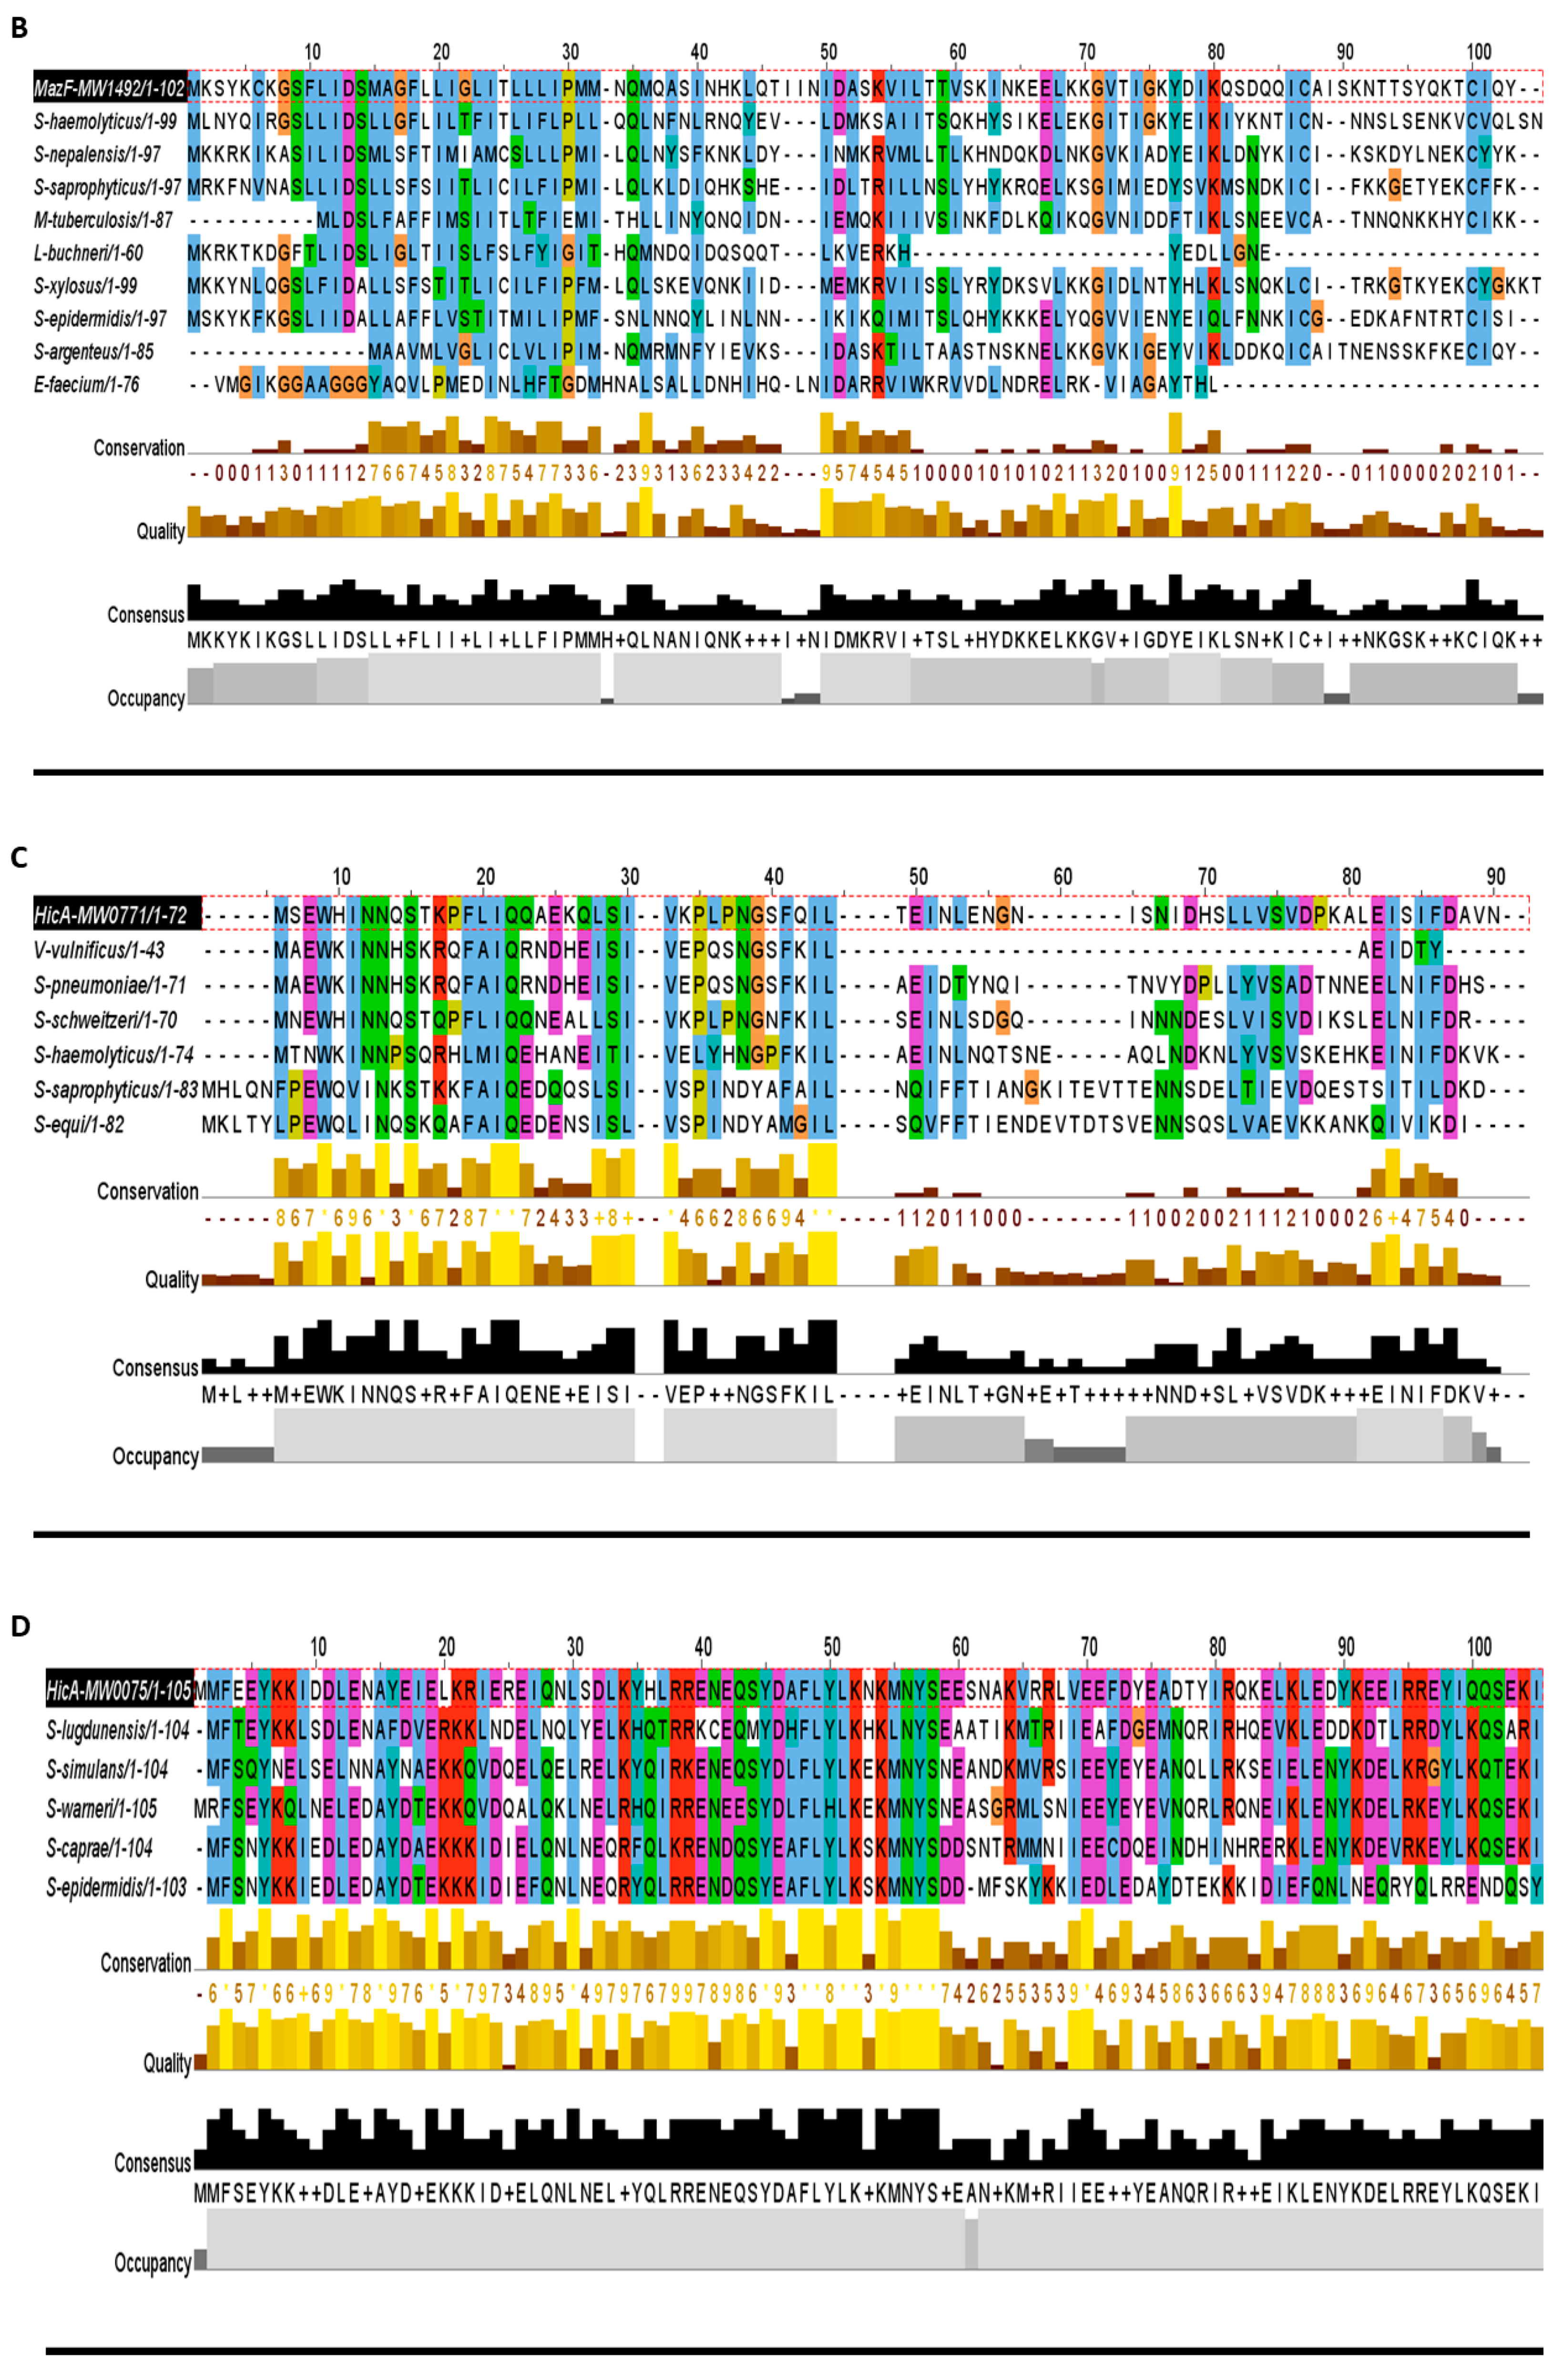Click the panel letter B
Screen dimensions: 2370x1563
(x=18, y=28)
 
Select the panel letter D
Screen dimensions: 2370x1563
(x=20, y=1627)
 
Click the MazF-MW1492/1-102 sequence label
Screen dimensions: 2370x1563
(x=110, y=89)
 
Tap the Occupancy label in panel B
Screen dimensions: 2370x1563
(x=145, y=699)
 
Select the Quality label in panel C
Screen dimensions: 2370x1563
(x=172, y=1280)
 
